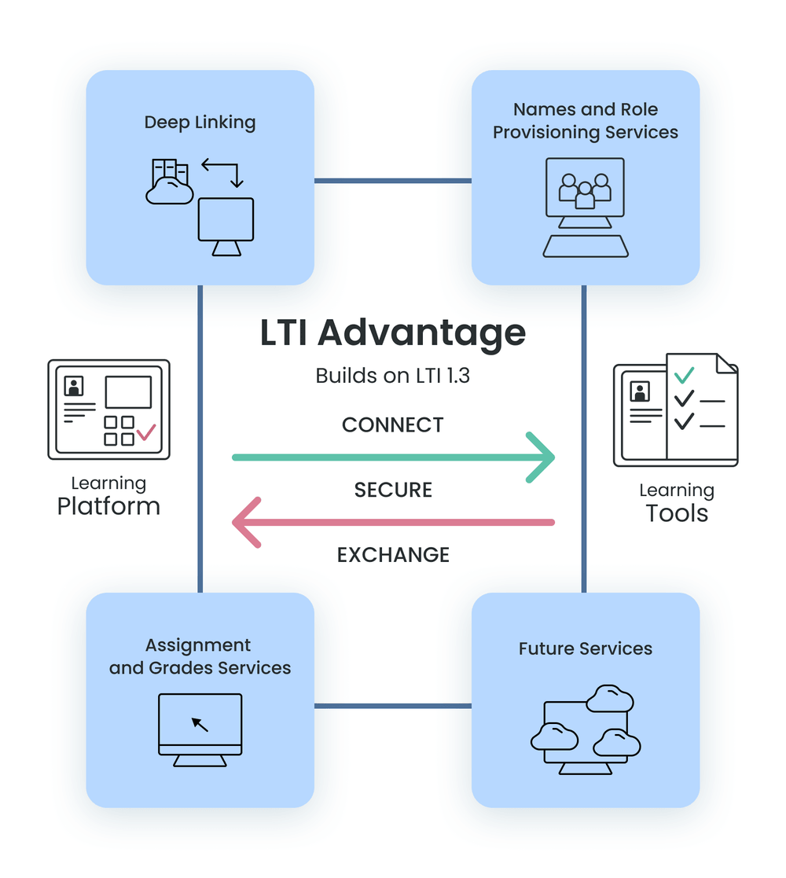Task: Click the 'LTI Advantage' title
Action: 393,333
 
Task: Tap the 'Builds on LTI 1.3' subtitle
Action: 393,376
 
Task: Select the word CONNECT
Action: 393,425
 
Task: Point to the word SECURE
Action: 393,490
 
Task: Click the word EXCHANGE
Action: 393,554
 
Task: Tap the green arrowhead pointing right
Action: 542,457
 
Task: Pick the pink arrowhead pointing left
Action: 245,522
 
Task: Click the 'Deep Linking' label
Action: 200,123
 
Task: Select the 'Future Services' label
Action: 586,649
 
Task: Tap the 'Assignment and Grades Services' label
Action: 200,657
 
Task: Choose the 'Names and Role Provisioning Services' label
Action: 586,121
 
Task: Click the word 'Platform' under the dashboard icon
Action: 108,506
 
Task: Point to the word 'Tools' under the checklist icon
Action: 677,514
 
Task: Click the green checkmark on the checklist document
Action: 685,375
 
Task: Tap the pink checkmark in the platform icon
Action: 146,432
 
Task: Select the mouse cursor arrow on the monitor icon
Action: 200,723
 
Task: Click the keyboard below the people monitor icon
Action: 586,246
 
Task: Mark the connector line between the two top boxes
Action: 393,181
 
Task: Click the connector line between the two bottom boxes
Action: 393,706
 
